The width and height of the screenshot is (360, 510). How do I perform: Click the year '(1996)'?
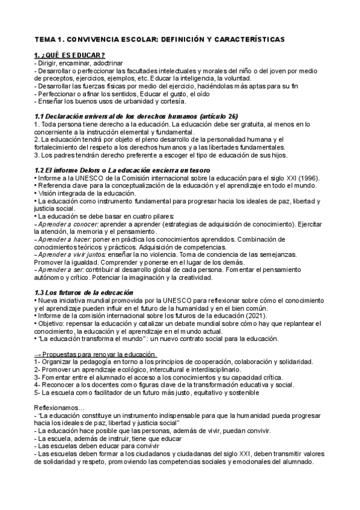307,178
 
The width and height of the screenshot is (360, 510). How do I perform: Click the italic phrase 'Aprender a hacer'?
61,239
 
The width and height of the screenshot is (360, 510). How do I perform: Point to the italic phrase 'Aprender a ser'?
58,270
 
